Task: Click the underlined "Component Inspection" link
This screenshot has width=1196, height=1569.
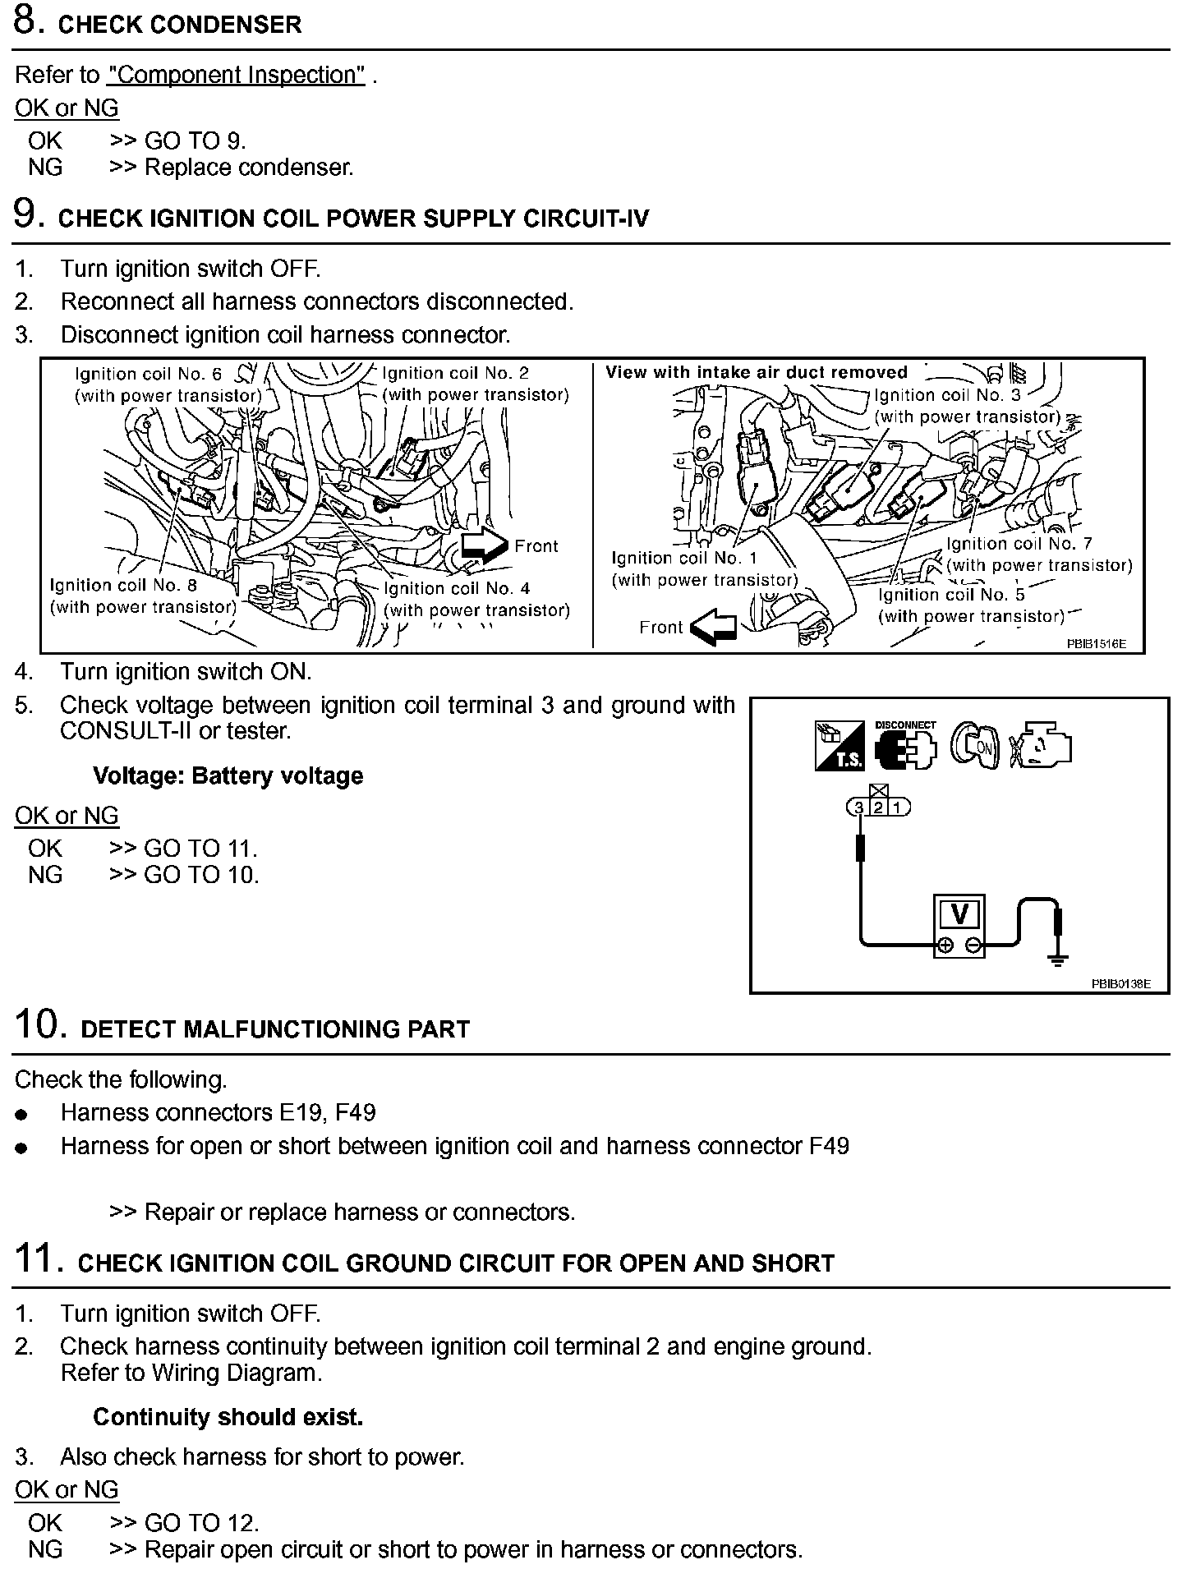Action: (236, 75)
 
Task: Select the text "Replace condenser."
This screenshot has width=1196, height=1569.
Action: (249, 168)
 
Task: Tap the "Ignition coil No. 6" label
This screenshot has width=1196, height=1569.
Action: (148, 375)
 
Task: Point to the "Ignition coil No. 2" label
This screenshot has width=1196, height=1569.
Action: (456, 374)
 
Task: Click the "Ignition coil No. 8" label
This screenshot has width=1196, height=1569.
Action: (123, 586)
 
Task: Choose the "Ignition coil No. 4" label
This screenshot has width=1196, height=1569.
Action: (457, 588)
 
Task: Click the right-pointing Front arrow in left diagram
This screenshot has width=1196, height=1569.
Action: (485, 545)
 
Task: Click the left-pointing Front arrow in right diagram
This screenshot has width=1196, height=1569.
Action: (713, 628)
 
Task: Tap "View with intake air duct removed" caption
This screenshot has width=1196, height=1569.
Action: (756, 372)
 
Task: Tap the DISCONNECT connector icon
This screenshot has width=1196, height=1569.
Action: (905, 745)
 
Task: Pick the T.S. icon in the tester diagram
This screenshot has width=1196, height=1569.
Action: (839, 746)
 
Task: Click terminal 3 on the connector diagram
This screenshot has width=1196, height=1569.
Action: (859, 808)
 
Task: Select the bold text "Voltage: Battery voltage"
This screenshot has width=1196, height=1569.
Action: (228, 776)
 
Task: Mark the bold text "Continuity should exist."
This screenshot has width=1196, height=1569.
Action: (228, 1417)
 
